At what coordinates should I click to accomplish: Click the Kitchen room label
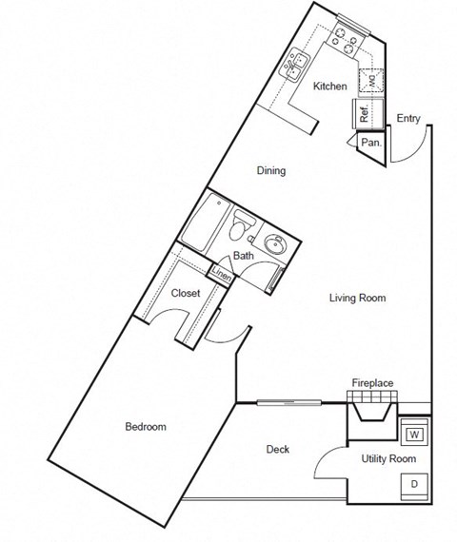pos(330,87)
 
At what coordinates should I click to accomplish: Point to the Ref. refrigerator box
pos(365,111)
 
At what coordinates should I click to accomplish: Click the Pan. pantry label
pos(372,143)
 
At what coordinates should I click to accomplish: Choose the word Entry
pos(407,118)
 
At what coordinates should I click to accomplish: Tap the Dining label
pos(271,171)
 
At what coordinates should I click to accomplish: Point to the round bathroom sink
pos(277,244)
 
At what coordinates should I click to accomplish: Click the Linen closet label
pos(221,275)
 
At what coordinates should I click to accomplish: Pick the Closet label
pos(185,293)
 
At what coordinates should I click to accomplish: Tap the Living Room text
pos(357,298)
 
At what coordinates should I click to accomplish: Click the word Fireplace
pos(372,383)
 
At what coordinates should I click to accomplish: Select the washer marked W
pos(415,435)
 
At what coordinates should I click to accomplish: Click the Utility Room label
pos(388,459)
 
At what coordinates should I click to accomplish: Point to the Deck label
pos(278,450)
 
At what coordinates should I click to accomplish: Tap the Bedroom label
pos(146,426)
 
